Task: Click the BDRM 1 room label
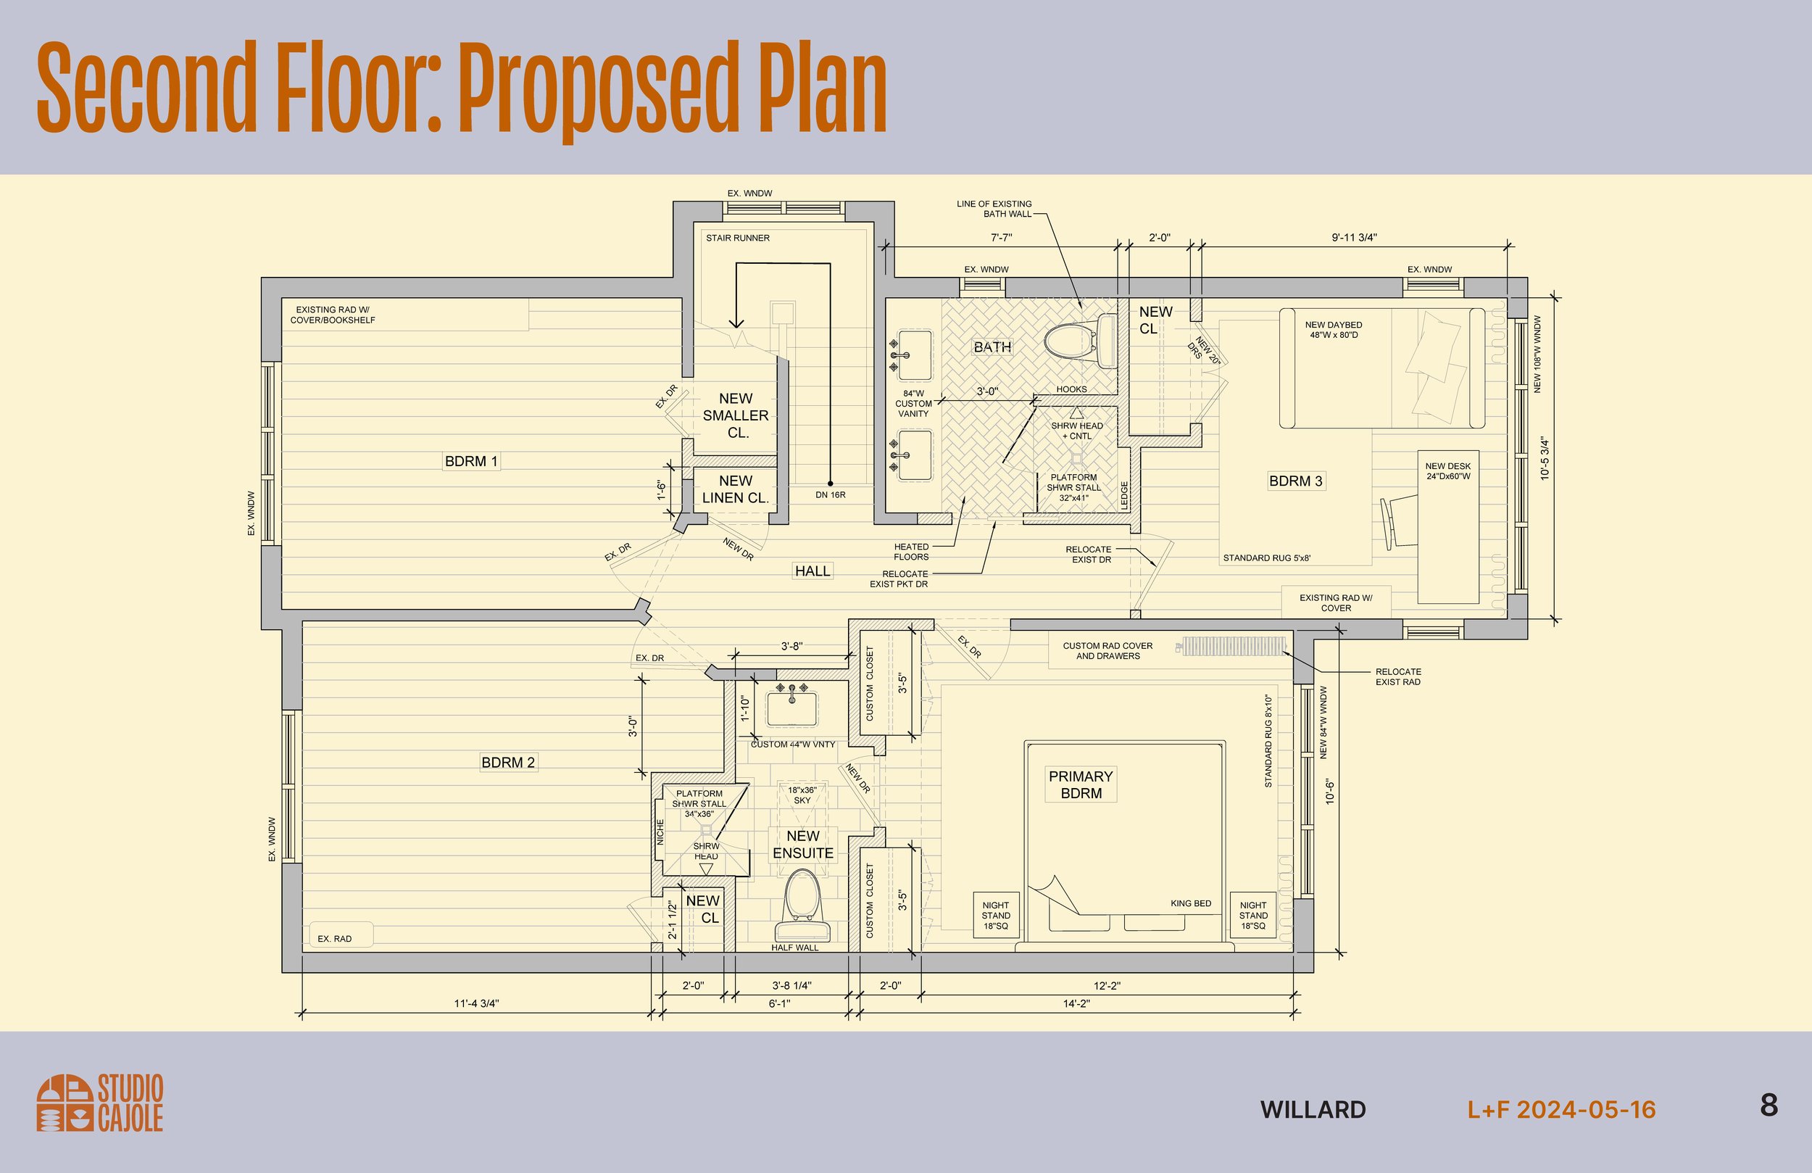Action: point(471,461)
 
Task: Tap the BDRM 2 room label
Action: point(508,763)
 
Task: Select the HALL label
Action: point(813,571)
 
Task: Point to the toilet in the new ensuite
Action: point(802,906)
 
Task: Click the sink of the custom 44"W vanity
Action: point(791,708)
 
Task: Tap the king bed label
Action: point(1191,903)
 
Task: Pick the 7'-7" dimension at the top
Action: point(1001,238)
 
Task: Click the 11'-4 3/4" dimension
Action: point(477,1004)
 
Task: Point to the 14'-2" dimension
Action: point(1076,1004)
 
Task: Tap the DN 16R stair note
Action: point(831,495)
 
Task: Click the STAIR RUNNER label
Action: point(738,238)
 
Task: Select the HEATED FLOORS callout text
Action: point(911,552)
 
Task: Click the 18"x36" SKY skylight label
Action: point(802,795)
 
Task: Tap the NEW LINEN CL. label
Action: point(736,489)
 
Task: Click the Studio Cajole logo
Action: point(100,1103)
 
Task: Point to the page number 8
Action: point(1769,1104)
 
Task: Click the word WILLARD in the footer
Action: point(1313,1110)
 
